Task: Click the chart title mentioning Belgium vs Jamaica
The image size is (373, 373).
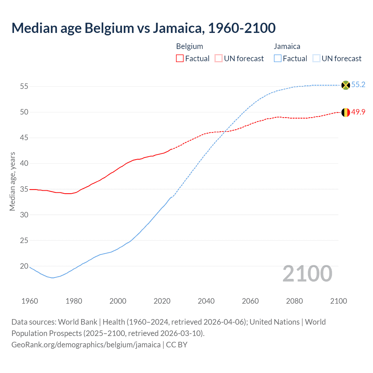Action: [x=143, y=28]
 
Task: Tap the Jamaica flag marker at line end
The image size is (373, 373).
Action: [x=346, y=85]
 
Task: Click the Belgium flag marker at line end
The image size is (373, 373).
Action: [x=346, y=112]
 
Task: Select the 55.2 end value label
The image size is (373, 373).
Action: [x=358, y=85]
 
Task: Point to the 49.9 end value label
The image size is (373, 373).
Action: [x=358, y=112]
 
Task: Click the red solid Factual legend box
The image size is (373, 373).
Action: [x=180, y=59]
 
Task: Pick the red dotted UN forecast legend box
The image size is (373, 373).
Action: [x=219, y=59]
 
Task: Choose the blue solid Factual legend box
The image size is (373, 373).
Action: [x=277, y=59]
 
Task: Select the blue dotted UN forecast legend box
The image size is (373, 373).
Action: [x=316, y=59]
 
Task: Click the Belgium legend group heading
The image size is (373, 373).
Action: [x=189, y=46]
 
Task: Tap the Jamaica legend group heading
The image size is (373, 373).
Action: [x=287, y=46]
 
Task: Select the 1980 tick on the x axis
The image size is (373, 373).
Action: [x=74, y=301]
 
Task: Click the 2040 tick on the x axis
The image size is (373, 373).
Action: [x=206, y=301]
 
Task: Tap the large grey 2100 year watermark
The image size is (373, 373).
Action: [x=307, y=273]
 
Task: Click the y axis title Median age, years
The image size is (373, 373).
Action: [x=12, y=181]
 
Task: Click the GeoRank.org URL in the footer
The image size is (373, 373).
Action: [x=86, y=345]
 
